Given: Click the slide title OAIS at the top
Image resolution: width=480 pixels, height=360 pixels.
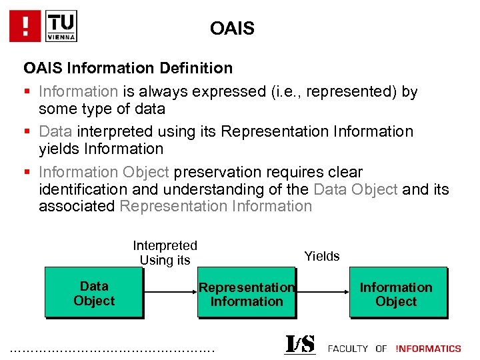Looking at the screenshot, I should click(x=231, y=29).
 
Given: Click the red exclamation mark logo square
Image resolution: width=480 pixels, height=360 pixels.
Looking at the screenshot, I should click(x=26, y=26).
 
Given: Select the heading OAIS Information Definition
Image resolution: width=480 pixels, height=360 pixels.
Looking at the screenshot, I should click(x=128, y=68).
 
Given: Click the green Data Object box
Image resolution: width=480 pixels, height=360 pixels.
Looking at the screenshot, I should click(x=94, y=293).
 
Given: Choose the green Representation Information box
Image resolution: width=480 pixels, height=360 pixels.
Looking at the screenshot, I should click(x=247, y=293).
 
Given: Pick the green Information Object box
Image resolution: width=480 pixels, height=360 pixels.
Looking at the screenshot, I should click(x=397, y=293).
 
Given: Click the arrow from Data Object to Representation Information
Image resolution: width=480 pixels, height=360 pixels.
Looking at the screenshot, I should click(x=170, y=292).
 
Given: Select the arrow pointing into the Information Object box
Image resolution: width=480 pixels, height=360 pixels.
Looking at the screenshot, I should click(x=322, y=292).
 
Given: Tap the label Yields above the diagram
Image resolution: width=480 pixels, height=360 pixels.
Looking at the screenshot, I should click(x=322, y=256).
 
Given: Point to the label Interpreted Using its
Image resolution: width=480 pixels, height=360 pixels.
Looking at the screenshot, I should click(x=165, y=253).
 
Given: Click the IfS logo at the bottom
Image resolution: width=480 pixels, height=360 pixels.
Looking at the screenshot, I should click(x=300, y=344).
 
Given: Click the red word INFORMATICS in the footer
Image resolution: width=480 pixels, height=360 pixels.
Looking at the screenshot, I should click(x=428, y=349).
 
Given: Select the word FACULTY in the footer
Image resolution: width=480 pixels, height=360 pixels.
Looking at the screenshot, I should click(x=348, y=349).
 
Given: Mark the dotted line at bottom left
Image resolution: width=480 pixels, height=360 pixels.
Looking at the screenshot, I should click(x=113, y=348).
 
